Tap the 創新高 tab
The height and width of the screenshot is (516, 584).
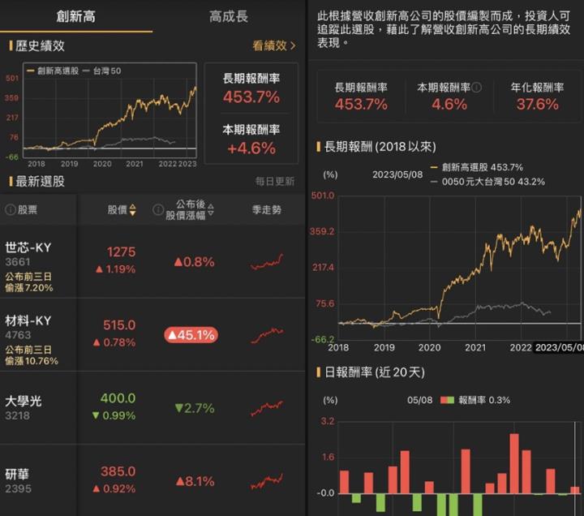75,16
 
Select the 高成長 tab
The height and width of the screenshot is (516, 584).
228,16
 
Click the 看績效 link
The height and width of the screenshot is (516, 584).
273,46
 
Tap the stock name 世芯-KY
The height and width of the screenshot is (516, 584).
28,247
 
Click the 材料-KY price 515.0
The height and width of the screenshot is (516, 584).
118,325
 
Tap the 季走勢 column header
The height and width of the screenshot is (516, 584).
266,210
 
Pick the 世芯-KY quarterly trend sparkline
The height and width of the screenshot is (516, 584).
266,261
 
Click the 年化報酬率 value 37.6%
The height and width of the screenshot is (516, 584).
537,104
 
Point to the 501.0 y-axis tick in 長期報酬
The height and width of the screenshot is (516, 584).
323,196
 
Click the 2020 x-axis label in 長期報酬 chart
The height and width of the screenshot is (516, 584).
430,347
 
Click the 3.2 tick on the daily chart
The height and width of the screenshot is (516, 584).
327,422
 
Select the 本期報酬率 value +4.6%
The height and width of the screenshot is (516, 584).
251,148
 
